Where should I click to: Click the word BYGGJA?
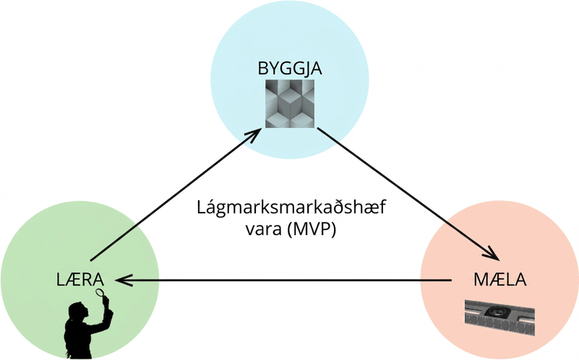coord(290,69)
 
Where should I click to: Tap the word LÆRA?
coord(80,280)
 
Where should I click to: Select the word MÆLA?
coord(500,280)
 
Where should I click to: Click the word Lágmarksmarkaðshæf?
coord(291,208)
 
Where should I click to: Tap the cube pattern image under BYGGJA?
coord(290,104)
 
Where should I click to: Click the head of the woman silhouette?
coord(79,312)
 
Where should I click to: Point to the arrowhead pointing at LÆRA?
coord(124,280)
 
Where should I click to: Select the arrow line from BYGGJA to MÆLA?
coord(408,194)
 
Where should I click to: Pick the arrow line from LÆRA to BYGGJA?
coord(176,195)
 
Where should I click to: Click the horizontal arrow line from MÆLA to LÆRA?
coord(283,280)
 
